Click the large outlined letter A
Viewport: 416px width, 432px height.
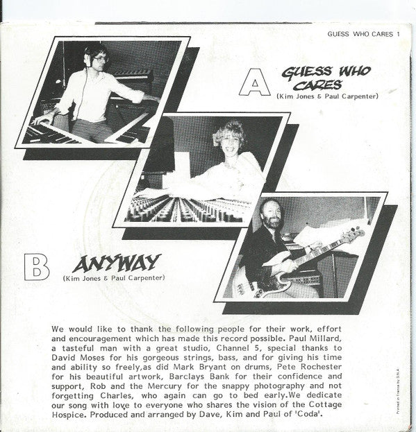pyautogui.click(x=254, y=85)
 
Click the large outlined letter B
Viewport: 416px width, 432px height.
pyautogui.click(x=36, y=266)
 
